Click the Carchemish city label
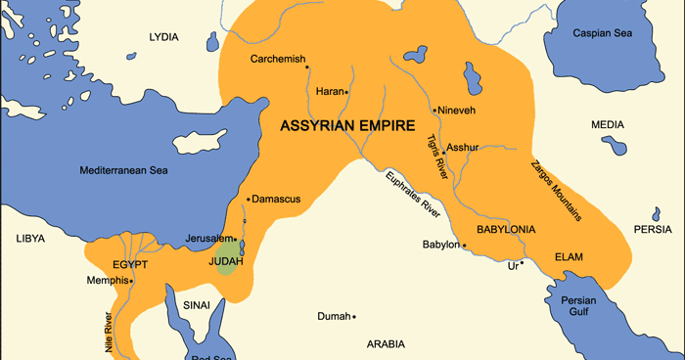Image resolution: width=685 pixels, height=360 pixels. pyautogui.click(x=278, y=59)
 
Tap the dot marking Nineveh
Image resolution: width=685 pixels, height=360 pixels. pyautogui.click(x=434, y=111)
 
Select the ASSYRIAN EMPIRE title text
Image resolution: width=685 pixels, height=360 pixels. pyautogui.click(x=347, y=125)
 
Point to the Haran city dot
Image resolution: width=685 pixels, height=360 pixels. pyautogui.click(x=346, y=92)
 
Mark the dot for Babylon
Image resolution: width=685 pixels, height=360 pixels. pyautogui.click(x=461, y=245)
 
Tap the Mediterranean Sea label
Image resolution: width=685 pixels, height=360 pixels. pyautogui.click(x=124, y=170)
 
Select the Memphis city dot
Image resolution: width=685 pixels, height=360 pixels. pyautogui.click(x=131, y=281)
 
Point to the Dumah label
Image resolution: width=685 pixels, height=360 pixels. pyautogui.click(x=333, y=316)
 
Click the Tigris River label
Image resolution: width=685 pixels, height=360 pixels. pyautogui.click(x=437, y=154)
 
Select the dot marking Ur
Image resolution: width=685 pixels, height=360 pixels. pyautogui.click(x=523, y=262)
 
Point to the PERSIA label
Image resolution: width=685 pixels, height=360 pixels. pyautogui.click(x=653, y=230)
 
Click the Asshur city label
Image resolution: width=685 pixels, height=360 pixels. pyautogui.click(x=463, y=148)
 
